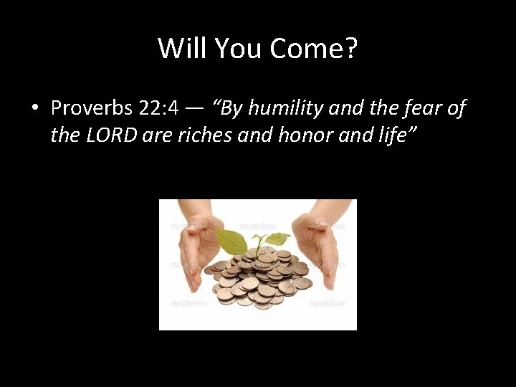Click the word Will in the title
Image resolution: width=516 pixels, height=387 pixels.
pyautogui.click(x=177, y=48)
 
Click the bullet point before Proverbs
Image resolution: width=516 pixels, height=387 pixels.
pyautogui.click(x=34, y=109)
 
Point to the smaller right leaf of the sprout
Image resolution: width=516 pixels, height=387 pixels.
pyautogui.click(x=277, y=239)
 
